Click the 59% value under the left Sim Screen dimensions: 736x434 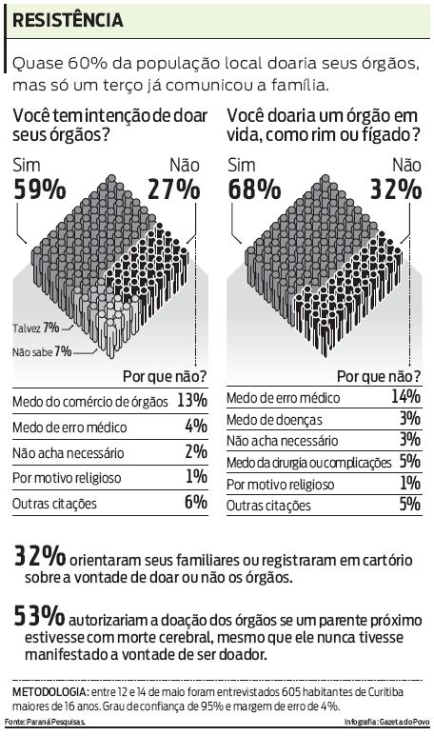(x=34, y=189)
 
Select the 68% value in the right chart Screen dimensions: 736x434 (x=249, y=189)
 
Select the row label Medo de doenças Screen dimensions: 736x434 (x=275, y=420)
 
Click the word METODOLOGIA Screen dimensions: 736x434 (x=48, y=690)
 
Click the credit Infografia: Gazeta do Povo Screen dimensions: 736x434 (x=385, y=724)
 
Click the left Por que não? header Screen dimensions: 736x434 (x=166, y=376)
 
